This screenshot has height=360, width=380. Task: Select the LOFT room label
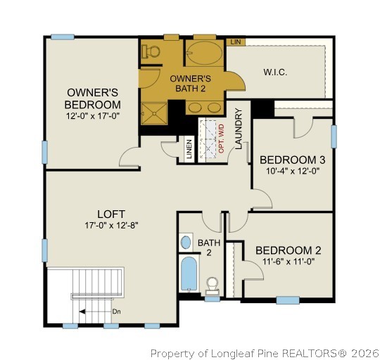pos(110,214)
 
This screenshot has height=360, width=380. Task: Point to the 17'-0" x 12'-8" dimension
pos(110,226)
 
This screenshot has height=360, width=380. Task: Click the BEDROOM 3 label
pos(292,160)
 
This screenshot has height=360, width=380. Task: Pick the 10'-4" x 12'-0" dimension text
pos(292,171)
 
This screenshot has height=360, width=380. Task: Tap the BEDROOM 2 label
pos(288,250)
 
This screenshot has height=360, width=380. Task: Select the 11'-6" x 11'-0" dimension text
pos(288,262)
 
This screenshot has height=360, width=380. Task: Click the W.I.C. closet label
pos(275,72)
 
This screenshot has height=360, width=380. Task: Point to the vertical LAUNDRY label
pos(239,129)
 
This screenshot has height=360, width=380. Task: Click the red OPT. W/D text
pos(221,136)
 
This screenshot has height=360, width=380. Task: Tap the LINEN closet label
pos(189,150)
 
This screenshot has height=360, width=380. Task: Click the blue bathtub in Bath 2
pos(189,275)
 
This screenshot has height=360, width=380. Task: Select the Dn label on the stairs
pos(115,310)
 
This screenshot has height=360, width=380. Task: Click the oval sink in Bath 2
pos(186,243)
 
